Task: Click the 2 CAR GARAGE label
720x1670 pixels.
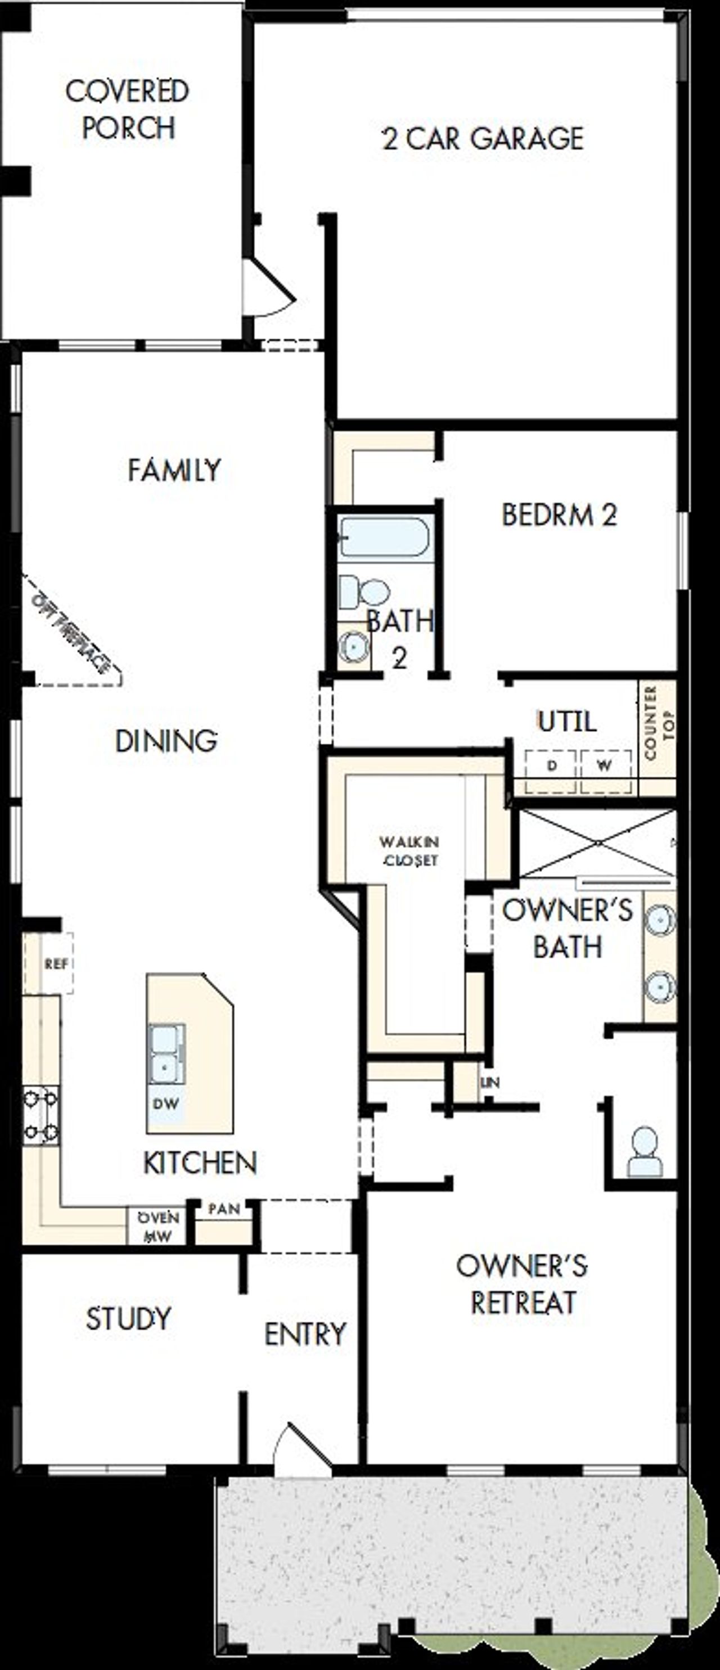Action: click(x=483, y=138)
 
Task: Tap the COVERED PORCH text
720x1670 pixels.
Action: click(x=128, y=109)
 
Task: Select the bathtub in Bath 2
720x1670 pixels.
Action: click(x=384, y=537)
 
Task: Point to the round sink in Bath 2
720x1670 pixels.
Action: click(x=354, y=645)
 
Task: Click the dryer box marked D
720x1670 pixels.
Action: click(x=551, y=766)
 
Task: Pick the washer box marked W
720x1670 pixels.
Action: click(x=605, y=766)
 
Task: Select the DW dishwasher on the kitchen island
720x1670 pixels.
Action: click(x=166, y=1104)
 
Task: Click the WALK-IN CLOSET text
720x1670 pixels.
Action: click(x=409, y=850)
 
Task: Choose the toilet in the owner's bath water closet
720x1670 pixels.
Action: click(x=645, y=1151)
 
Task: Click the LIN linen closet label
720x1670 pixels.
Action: click(x=490, y=1082)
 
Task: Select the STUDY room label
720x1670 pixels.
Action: click(x=128, y=1318)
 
